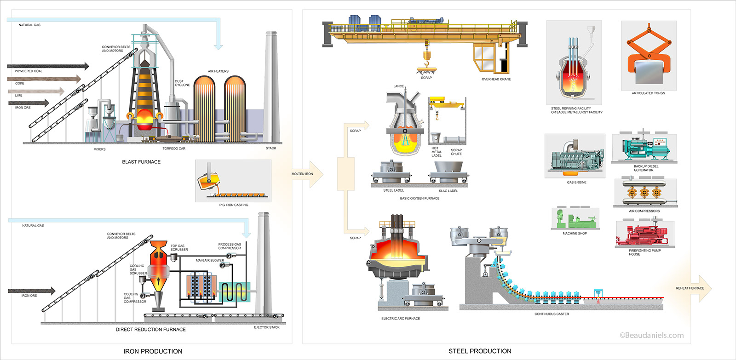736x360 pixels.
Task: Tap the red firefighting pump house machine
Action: [644, 235]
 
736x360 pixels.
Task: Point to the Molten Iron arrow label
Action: [302, 174]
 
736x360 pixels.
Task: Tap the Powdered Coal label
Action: [29, 71]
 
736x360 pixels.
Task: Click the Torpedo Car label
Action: [174, 149]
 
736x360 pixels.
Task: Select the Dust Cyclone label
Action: [182, 83]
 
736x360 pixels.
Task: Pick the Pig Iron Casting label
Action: [234, 205]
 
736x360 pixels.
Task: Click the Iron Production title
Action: [153, 351]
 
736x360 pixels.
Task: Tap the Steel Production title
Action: [480, 351]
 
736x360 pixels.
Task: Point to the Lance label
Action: [398, 86]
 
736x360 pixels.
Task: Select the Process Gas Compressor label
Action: [230, 246]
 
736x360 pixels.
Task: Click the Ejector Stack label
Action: [267, 327]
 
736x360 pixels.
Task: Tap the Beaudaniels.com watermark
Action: [651, 335]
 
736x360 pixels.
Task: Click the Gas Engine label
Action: [576, 183]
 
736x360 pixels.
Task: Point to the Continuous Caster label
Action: [552, 314]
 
